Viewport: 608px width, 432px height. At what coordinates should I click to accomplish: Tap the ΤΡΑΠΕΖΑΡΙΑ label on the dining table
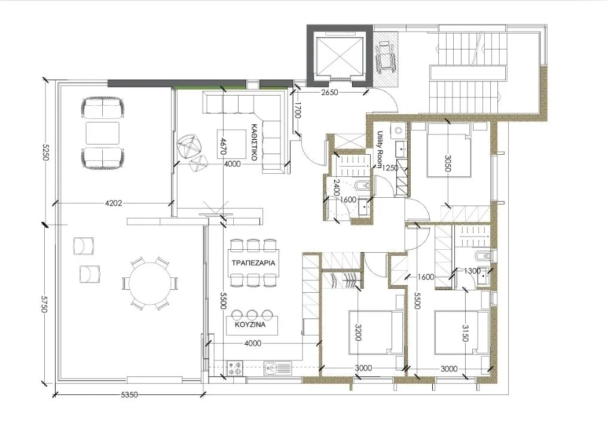point(253,263)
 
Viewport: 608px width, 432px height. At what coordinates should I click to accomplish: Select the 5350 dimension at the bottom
point(130,395)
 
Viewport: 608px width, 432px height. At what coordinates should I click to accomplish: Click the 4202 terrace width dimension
point(114,203)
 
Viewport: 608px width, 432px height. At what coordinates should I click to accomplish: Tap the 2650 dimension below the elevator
point(329,93)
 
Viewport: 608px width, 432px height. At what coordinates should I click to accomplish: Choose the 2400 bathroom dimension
point(336,189)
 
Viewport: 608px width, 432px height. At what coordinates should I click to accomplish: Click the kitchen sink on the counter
point(277,367)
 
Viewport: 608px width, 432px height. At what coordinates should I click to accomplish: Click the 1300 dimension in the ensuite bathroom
point(472,271)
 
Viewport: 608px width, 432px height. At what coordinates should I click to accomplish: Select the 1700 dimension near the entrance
point(297,111)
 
